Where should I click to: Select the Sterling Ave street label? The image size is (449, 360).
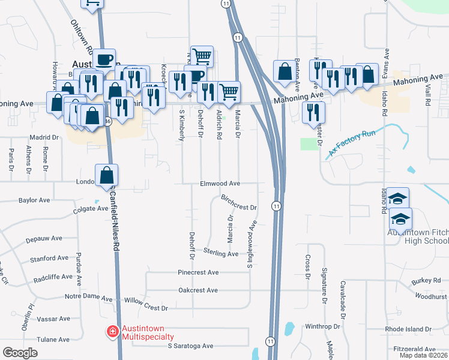220,253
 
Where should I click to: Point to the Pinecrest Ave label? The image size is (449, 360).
198,272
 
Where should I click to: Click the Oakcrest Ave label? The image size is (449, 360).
198,290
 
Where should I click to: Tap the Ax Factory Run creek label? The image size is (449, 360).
351,145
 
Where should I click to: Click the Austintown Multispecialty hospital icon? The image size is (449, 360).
112,331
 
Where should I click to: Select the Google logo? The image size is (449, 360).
20,352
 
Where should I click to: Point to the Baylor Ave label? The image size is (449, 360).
34,200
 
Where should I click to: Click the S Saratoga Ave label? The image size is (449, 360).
190,346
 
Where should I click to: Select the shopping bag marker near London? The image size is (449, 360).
106,175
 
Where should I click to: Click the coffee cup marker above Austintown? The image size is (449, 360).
104,59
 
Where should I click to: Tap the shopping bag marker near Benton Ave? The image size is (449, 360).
283,71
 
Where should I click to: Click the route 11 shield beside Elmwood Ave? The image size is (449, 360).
276,206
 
